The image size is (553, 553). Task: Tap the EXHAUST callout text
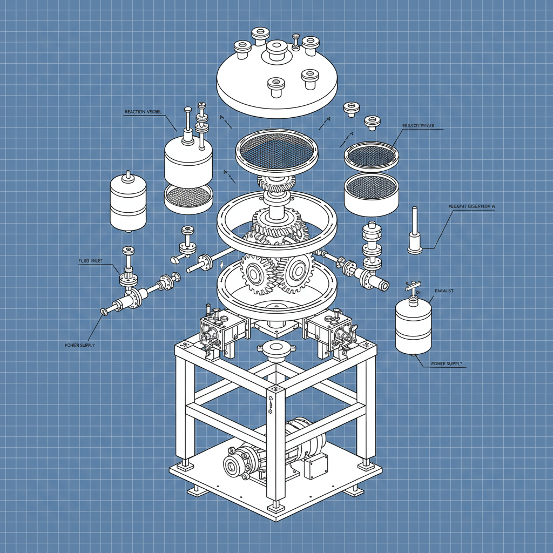(444, 291)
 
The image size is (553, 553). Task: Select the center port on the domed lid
(276, 50)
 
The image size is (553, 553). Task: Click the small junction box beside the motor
(315, 466)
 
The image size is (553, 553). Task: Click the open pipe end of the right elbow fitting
(383, 285)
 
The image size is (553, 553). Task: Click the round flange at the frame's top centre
(276, 348)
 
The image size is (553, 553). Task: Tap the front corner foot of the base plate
(276, 507)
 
